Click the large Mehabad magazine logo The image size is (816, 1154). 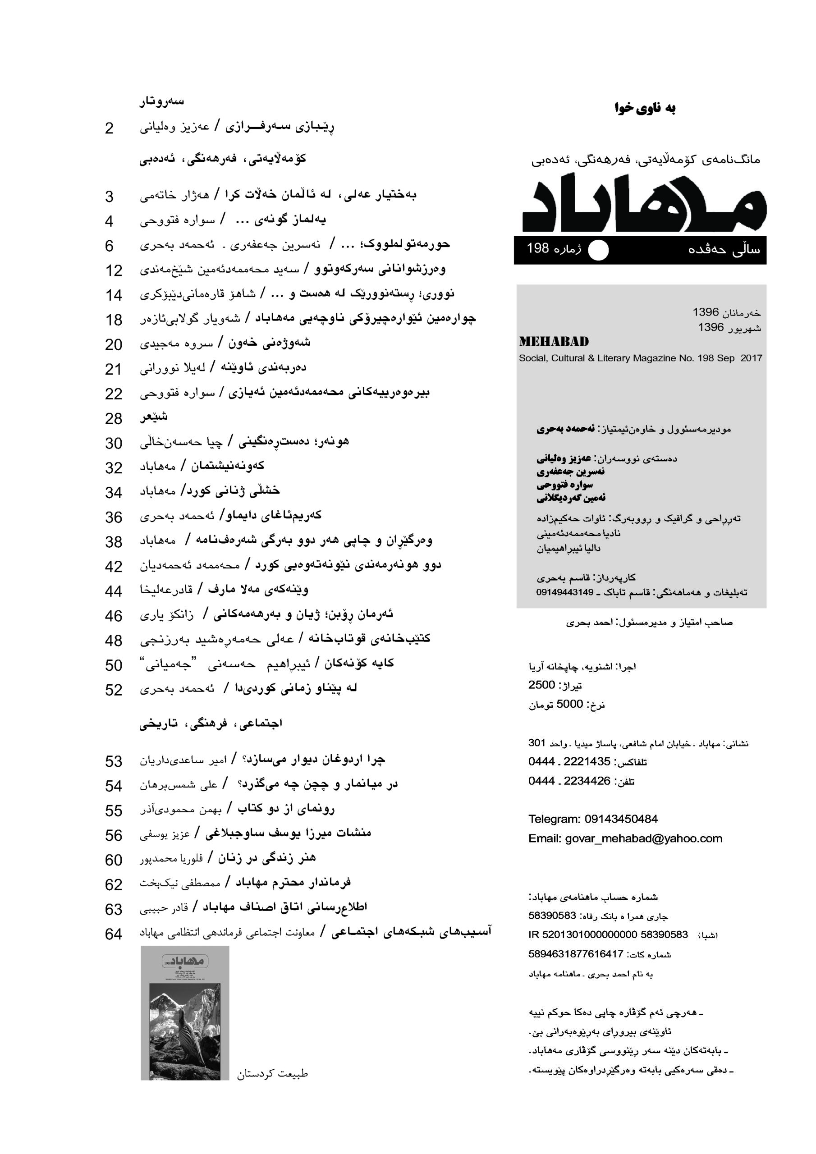(x=645, y=202)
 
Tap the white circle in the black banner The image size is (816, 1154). (x=598, y=250)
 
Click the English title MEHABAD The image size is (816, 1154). (x=554, y=342)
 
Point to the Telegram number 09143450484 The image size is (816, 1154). (x=620, y=819)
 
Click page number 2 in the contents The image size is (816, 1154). (x=109, y=128)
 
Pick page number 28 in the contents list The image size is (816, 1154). (x=114, y=418)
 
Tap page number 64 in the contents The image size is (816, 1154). (x=114, y=934)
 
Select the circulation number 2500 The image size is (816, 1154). (x=541, y=685)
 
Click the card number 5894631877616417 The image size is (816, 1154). (x=576, y=954)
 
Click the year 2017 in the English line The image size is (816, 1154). (x=751, y=358)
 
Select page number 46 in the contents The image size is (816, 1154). (x=114, y=616)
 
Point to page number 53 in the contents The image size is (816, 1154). (x=114, y=761)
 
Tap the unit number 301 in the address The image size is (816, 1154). (x=536, y=742)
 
